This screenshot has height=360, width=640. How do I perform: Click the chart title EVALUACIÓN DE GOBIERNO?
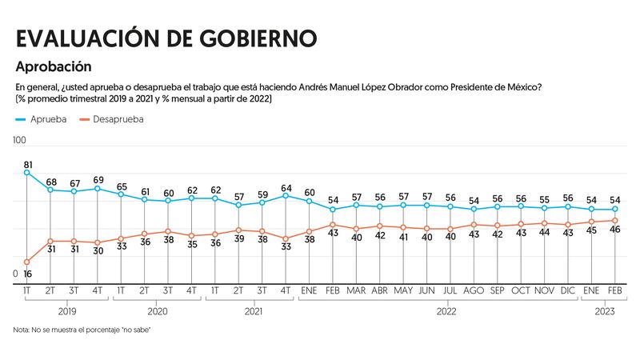166,38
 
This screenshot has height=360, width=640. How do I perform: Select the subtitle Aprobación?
53,67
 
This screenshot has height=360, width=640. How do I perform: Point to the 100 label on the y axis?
20,141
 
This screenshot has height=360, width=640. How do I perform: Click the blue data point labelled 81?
27,172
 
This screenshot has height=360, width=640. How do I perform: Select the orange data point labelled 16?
27,262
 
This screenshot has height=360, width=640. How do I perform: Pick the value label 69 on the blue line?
98,179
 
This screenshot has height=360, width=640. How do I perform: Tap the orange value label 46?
615,230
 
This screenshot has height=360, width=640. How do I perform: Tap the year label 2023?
602,310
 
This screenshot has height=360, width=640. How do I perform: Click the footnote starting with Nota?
82,330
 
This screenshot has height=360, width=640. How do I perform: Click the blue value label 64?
286,187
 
